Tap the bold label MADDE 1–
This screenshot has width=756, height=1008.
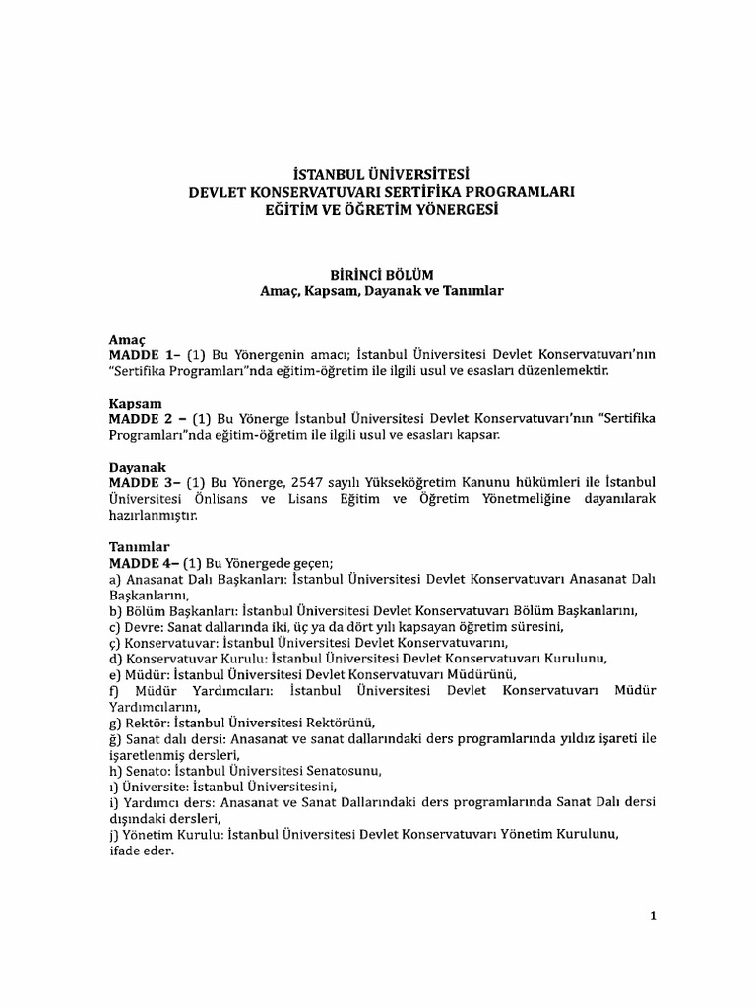(x=141, y=353)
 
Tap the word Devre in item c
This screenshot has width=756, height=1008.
(x=142, y=626)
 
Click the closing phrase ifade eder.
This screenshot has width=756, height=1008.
(x=141, y=851)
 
